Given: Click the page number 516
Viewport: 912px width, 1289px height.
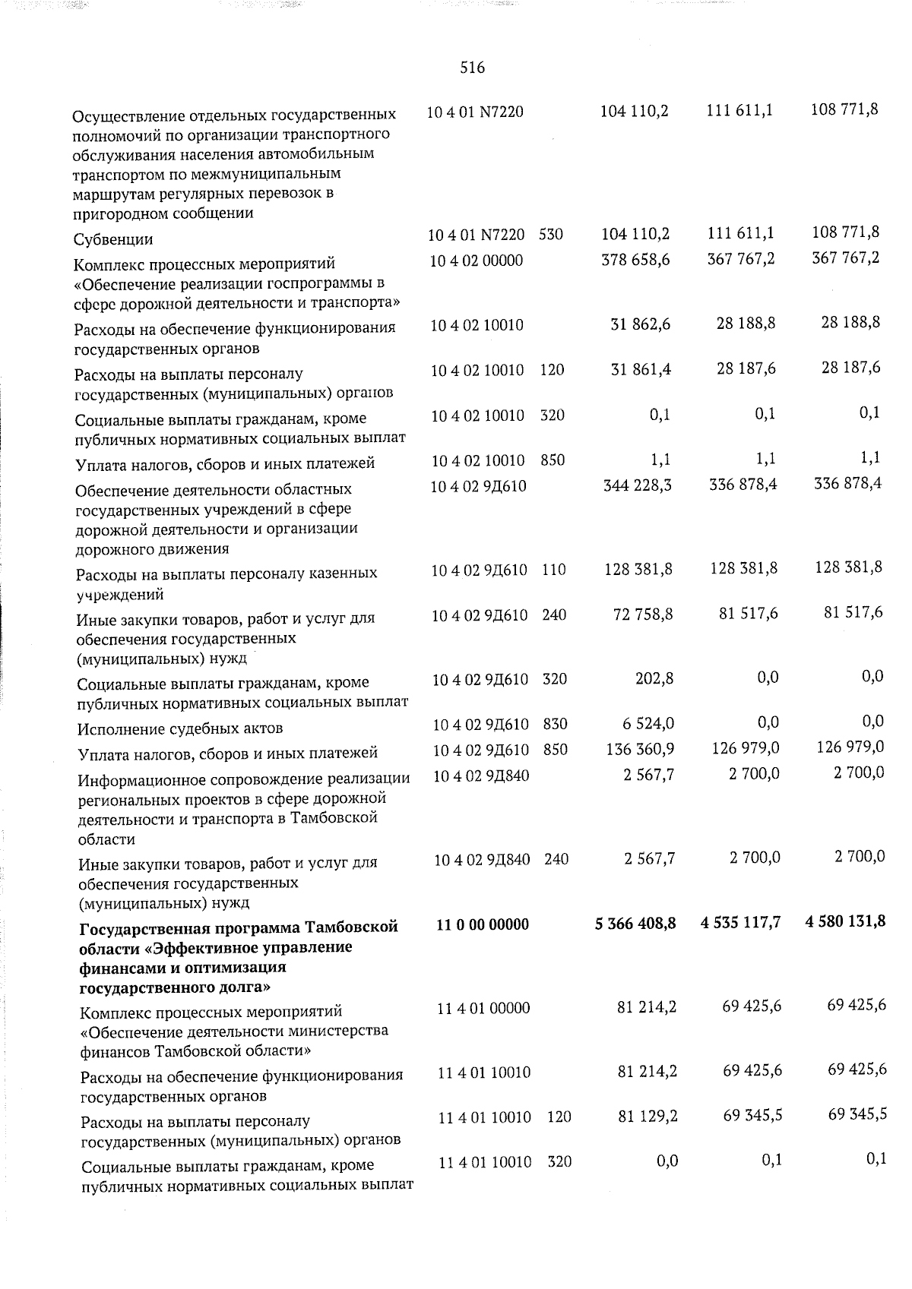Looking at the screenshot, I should [x=472, y=68].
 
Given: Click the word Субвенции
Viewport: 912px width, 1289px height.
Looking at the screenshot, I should [x=113, y=239].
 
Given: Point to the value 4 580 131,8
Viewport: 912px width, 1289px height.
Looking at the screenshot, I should [x=845, y=922].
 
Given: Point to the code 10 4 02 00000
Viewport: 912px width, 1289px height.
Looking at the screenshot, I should [x=476, y=261].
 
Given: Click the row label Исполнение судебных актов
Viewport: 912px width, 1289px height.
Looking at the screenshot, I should [x=180, y=728].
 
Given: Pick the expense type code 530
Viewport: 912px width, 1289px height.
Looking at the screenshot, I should [x=551, y=235].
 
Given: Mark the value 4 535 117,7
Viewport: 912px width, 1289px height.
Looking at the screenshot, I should [x=740, y=923].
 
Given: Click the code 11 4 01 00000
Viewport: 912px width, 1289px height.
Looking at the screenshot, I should [x=483, y=1008].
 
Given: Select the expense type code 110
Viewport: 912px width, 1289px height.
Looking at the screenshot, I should [x=554, y=569].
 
